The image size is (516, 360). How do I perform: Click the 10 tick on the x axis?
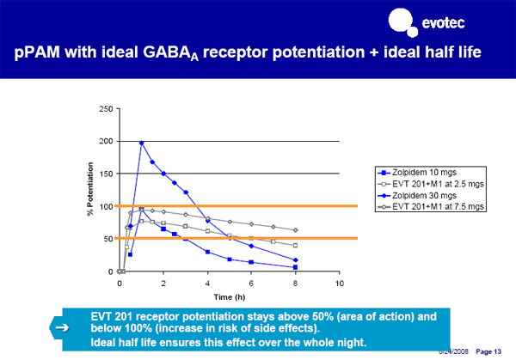point(340,283)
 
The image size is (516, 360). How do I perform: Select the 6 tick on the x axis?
point(251,283)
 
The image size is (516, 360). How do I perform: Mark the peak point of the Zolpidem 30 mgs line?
point(141,143)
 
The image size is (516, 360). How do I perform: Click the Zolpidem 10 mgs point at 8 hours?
point(295,267)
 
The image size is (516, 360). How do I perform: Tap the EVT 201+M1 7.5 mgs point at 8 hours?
point(295,230)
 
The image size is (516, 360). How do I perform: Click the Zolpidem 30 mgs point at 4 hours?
point(207,221)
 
